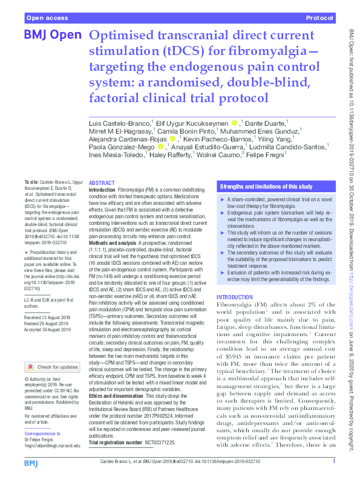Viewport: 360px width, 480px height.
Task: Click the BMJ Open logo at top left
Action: coord(51,36)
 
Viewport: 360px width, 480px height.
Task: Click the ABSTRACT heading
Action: coord(101,183)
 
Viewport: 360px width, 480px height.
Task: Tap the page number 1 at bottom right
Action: coord(334,462)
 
